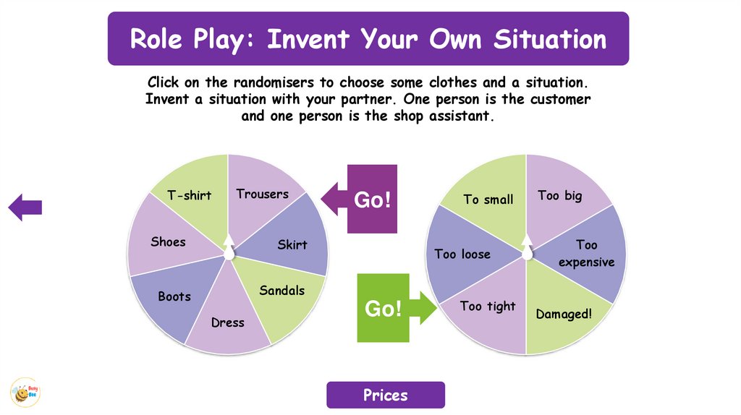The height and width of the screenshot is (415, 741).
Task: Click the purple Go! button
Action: point(372,200)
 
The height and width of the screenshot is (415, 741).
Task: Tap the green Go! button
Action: point(383,308)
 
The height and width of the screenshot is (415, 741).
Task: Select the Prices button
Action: point(385,395)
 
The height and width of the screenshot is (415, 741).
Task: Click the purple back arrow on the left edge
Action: point(25,208)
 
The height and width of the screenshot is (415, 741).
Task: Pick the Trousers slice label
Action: point(262,194)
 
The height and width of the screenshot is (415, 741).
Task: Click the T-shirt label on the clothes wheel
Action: point(189,195)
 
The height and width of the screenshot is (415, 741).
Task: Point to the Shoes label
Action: point(168,241)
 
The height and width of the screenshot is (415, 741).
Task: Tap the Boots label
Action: point(174,296)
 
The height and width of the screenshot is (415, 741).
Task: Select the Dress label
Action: point(227,322)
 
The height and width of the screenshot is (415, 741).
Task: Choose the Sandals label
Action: point(282,291)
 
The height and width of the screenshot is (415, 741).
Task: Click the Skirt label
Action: point(292,245)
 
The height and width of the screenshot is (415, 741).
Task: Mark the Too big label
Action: point(559,195)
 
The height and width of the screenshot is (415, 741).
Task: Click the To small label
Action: point(488,200)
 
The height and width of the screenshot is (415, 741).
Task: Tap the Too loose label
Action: point(462,254)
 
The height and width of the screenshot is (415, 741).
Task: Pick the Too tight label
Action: point(488,307)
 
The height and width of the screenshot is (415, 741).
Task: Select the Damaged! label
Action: point(564,315)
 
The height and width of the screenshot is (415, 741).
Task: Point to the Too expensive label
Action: point(586,254)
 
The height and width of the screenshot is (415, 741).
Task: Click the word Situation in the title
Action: point(550,39)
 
